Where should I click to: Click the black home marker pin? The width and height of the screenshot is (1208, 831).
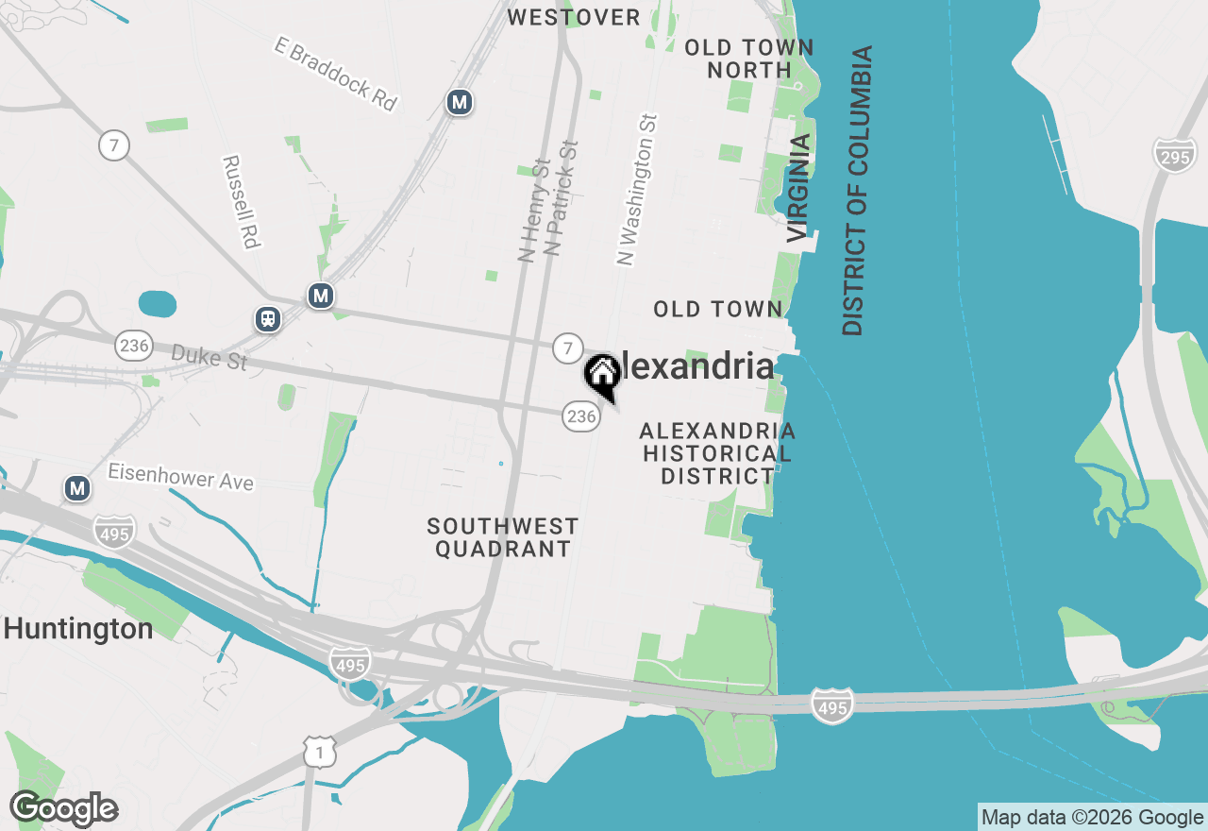pos(602,374)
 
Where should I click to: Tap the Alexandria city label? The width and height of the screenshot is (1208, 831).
pos(696,367)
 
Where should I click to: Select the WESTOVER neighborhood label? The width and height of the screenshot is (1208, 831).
pos(574,17)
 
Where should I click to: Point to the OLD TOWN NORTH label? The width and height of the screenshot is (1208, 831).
pos(749,59)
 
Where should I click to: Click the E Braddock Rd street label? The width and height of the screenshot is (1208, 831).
pos(336,74)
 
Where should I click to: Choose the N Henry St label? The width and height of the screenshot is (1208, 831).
pos(534,209)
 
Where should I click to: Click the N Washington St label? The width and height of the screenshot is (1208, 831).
pos(637,190)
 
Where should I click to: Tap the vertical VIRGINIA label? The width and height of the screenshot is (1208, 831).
pos(798,187)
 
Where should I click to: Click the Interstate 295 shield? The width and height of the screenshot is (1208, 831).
pos(1174,155)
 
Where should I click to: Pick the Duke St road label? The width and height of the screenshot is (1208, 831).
pos(209,357)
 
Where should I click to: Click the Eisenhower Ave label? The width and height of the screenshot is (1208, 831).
pos(180,476)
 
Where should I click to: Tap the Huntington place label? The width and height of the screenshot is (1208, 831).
pos(78,629)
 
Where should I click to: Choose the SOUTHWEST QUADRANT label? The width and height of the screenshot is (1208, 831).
pos(502,537)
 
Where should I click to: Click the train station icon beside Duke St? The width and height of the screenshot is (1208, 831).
pos(269,319)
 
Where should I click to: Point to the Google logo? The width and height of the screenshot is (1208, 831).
pos(64,809)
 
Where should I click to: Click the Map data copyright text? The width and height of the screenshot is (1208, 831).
pos(1092,818)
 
